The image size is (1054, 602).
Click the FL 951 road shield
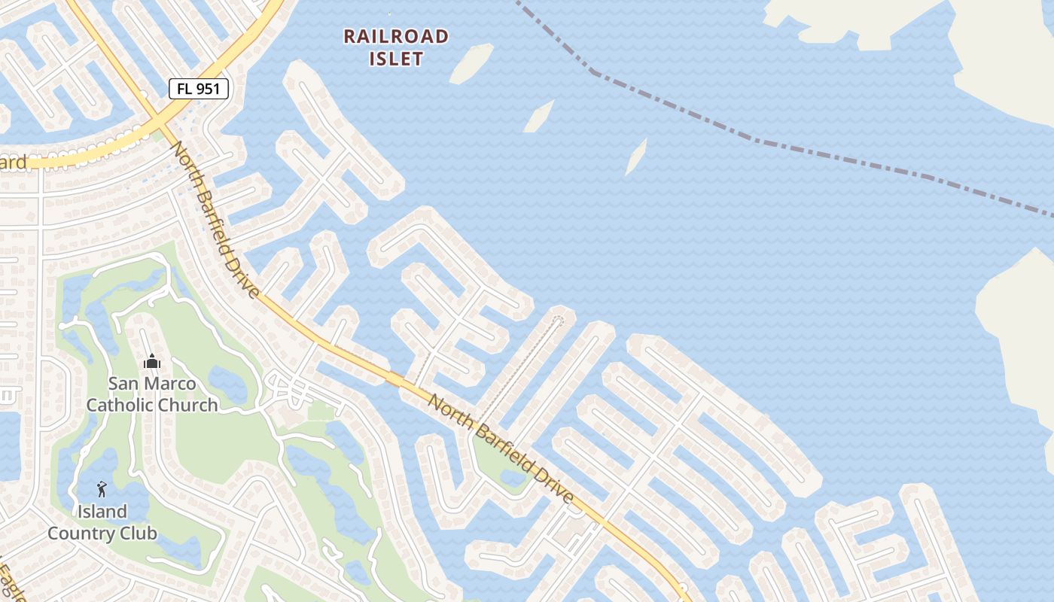(199, 89)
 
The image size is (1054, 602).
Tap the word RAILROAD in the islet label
(396, 36)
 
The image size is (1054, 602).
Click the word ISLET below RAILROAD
(396, 59)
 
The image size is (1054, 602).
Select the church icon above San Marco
(152, 362)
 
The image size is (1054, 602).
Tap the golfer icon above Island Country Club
(102, 489)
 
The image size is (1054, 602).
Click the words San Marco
(152, 384)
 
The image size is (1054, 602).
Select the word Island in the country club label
(102, 512)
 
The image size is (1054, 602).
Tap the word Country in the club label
(84, 534)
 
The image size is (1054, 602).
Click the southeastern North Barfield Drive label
(501, 448)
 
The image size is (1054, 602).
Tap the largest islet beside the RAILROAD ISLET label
(471, 63)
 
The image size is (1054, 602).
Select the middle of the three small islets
(539, 117)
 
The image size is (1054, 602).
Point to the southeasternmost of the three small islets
(636, 157)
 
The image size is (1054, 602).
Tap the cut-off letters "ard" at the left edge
(14, 162)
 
